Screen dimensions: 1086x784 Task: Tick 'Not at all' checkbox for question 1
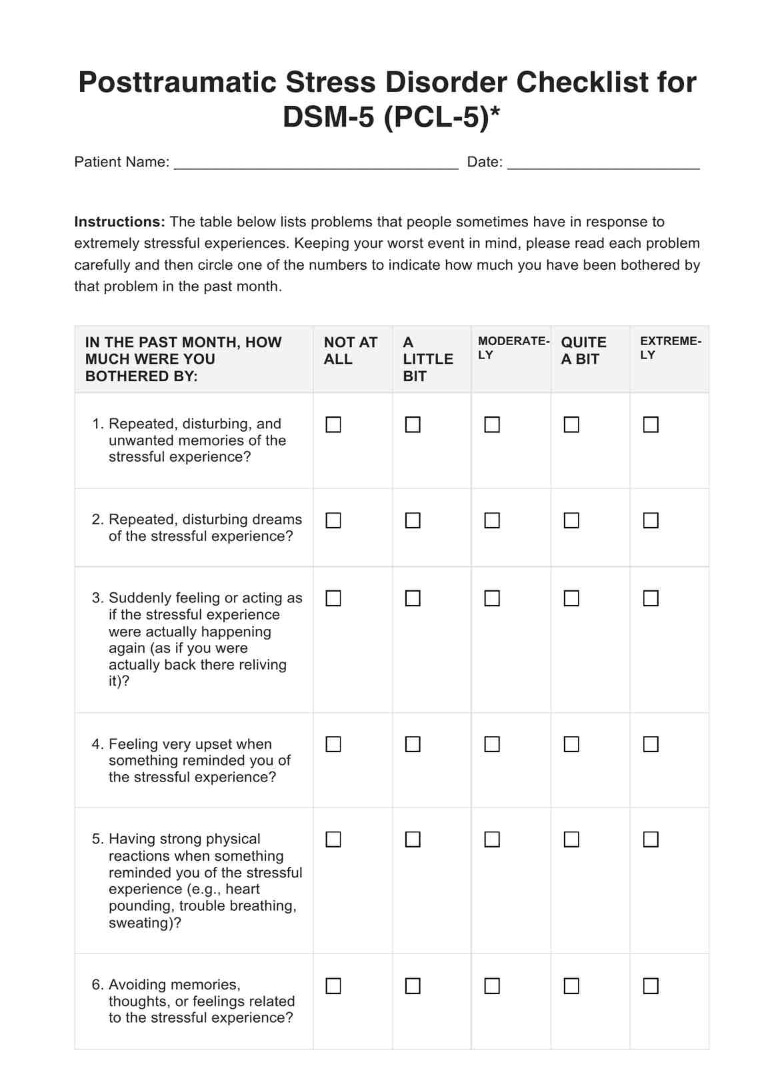[333, 424]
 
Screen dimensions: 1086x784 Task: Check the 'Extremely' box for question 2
[651, 520]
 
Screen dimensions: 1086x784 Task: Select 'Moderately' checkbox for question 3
[492, 598]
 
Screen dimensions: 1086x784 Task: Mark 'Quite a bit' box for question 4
[571, 744]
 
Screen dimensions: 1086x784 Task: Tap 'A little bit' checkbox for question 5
[413, 839]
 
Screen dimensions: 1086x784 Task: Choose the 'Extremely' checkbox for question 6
[651, 985]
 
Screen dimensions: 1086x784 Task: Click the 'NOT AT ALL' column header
[350, 351]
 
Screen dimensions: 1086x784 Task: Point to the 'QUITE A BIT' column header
[583, 351]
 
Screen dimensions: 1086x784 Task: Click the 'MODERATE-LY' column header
[513, 348]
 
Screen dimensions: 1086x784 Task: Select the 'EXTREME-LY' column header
[669, 348]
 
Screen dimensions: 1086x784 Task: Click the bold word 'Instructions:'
[119, 222]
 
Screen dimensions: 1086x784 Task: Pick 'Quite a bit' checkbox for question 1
[571, 424]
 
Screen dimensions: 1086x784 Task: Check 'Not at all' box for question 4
[333, 744]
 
